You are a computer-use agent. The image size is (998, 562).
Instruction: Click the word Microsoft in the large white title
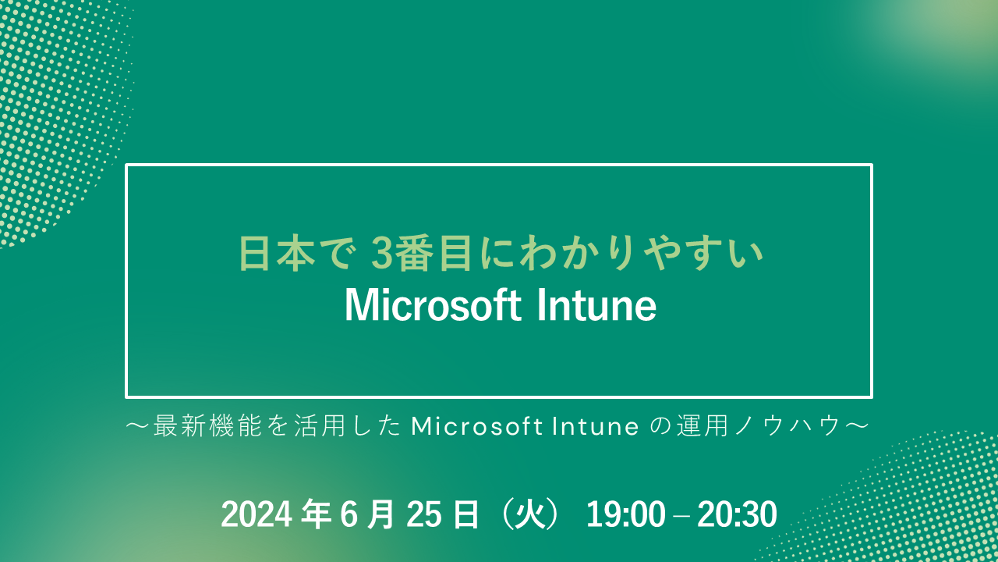pos(433,305)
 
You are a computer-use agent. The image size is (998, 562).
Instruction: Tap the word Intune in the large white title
pos(596,305)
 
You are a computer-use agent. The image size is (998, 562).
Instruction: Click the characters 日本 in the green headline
pos(277,254)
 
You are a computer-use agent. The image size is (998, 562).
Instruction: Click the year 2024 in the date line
pos(257,514)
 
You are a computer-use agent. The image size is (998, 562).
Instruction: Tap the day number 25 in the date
pos(423,514)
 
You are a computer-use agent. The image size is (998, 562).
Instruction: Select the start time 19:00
pos(625,514)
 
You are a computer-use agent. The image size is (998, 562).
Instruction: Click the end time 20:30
pos(737,514)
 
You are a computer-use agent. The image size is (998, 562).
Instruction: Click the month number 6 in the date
pos(349,514)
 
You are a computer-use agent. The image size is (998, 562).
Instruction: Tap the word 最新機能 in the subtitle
pos(207,426)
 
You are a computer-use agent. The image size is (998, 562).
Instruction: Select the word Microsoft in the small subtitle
pos(477,426)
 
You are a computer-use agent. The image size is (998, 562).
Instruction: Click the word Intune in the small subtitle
pos(596,426)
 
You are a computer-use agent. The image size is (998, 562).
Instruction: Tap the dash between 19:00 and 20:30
pos(681,516)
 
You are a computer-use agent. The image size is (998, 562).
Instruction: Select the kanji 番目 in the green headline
pos(433,254)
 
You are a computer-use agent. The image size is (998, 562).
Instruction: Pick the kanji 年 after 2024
pos(316,514)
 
